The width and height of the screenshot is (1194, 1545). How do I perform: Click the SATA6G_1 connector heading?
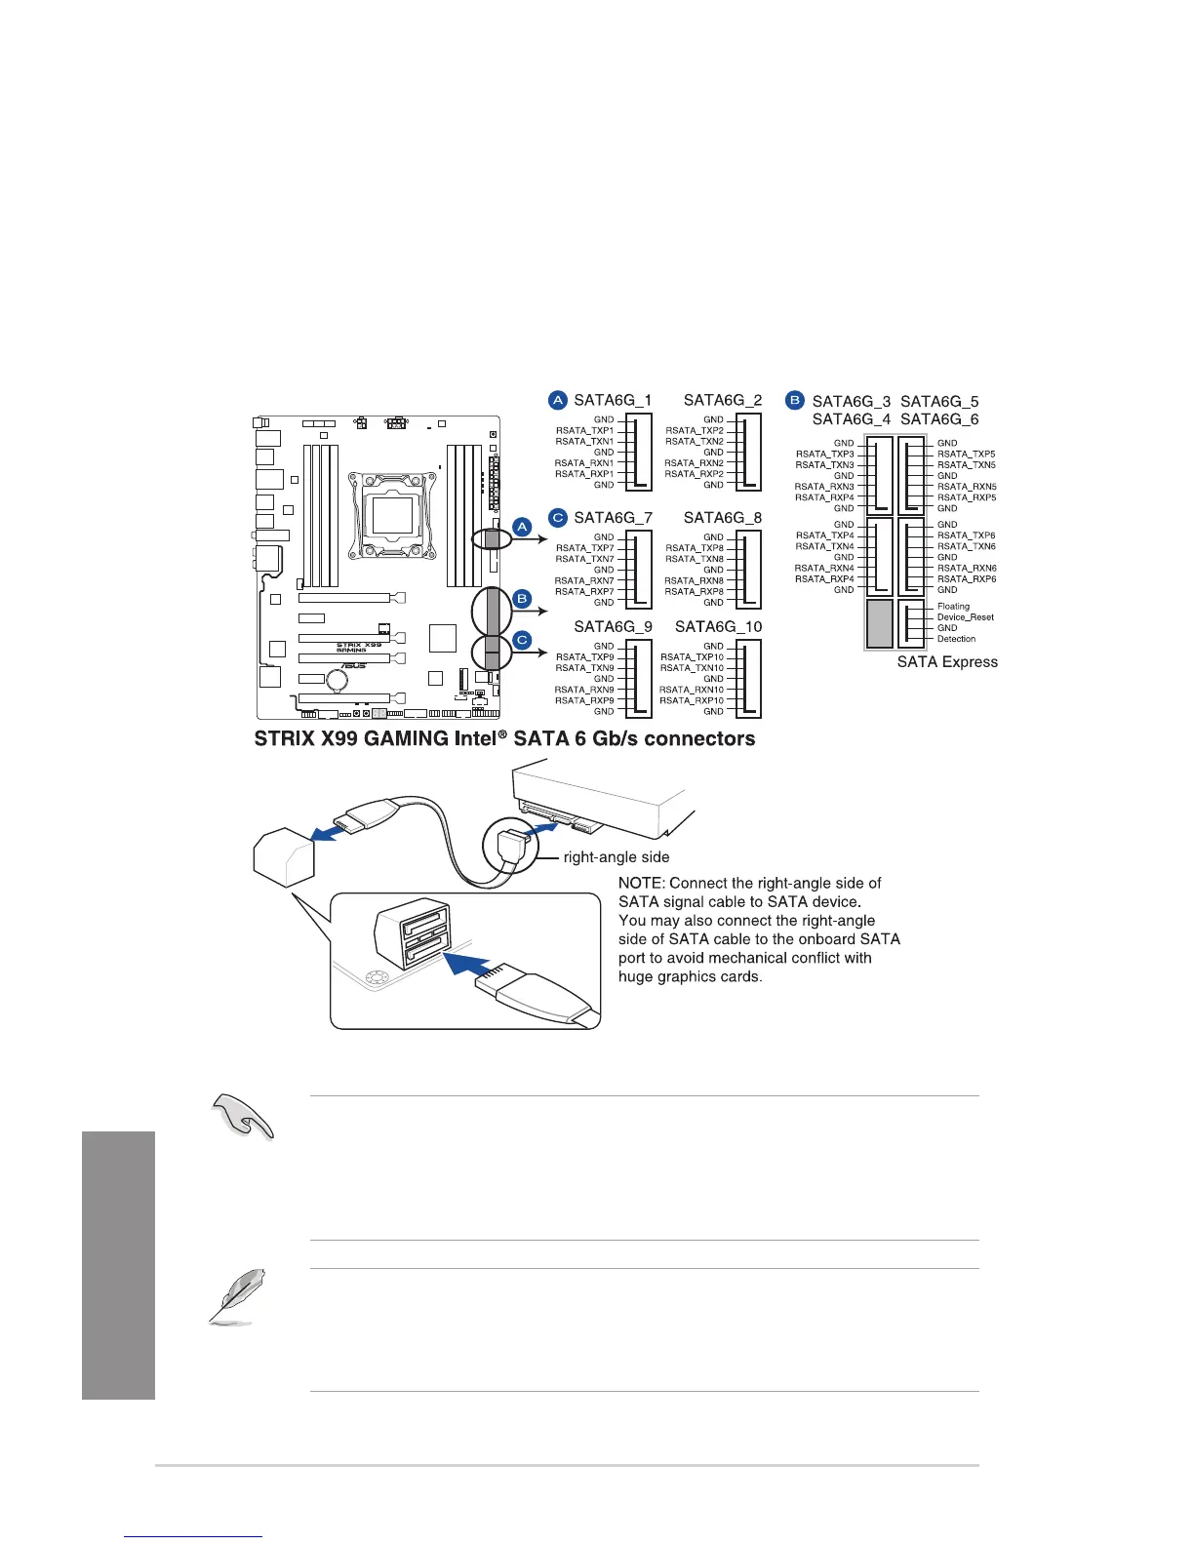613,400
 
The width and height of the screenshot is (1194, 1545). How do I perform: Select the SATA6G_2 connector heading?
723,400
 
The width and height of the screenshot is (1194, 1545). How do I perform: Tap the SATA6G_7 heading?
613,517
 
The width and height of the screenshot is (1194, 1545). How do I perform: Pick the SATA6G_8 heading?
723,517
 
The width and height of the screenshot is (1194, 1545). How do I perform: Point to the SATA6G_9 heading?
613,626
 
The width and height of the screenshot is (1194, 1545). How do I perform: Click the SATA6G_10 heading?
719,626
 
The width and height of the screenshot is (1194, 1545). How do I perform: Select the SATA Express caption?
947,661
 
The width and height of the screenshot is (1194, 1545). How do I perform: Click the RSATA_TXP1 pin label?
584,430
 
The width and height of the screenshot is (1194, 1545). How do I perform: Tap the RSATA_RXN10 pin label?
692,690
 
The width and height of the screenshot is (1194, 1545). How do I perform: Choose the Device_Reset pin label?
965,617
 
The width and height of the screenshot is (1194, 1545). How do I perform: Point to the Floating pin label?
953,607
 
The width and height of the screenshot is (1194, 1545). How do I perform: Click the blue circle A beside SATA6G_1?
558,400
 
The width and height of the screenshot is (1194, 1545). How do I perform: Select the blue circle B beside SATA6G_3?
795,401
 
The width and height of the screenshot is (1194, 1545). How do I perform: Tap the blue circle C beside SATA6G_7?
558,517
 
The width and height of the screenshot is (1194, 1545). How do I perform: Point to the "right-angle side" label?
617,857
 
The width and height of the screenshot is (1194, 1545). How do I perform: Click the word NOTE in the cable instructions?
640,883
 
